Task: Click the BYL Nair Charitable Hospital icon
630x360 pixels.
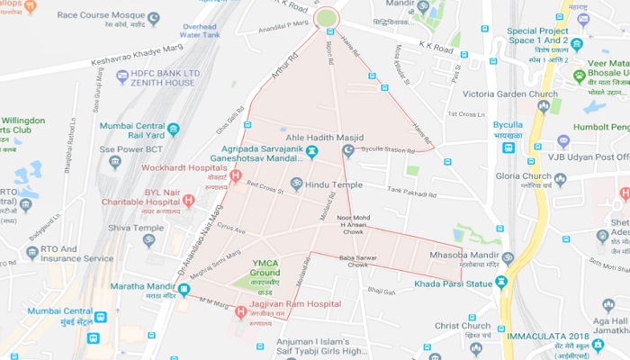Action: [x=188, y=200]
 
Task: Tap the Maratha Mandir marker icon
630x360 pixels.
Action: [x=183, y=290]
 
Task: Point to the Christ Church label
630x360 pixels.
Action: [x=463, y=325]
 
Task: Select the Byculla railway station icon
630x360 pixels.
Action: [x=509, y=148]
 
